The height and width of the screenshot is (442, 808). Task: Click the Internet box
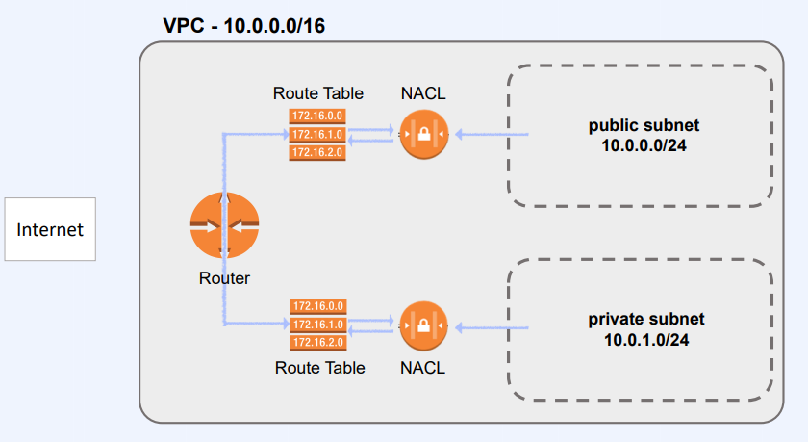pos(50,230)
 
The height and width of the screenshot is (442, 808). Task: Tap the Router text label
pos(224,279)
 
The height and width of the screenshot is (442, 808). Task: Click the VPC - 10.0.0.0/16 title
pos(243,26)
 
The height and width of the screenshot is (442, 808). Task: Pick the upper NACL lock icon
pos(424,135)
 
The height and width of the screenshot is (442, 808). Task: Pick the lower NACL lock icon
pos(424,326)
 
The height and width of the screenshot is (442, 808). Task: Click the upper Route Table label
pos(318,93)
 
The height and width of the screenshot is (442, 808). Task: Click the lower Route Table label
pos(319,368)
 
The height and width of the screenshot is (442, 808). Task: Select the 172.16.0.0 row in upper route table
pos(317,117)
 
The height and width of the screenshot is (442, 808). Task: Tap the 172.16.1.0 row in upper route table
pos(317,134)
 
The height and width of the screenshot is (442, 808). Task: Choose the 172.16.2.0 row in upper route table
pos(317,151)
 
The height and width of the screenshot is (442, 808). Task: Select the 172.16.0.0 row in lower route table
pos(317,307)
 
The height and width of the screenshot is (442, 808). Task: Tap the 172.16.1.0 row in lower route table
pos(317,325)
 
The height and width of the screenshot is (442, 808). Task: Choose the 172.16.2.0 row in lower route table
pos(317,342)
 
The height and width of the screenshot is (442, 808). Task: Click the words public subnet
pos(644,126)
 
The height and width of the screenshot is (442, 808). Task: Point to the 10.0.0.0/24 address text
pos(644,145)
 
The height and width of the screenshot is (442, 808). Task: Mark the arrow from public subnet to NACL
pos(491,135)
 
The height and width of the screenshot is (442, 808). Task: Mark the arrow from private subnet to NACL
pos(491,327)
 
